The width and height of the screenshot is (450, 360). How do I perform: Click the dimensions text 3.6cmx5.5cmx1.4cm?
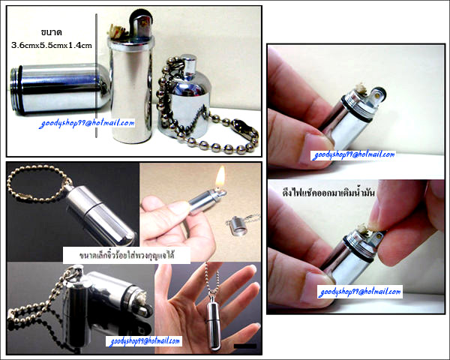tap(52, 45)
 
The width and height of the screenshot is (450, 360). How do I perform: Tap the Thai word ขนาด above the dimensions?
tap(51, 32)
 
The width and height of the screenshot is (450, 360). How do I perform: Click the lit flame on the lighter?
tap(220, 176)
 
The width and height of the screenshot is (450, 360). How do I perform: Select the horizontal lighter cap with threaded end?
tap(60, 89)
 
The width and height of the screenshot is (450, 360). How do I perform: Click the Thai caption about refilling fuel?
tap(328, 193)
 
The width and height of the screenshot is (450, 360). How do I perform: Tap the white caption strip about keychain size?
tap(127, 255)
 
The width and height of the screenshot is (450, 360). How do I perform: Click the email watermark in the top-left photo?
tap(87, 124)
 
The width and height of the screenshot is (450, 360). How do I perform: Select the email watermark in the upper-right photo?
tap(353, 155)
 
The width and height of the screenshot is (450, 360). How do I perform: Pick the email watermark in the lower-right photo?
tap(360, 292)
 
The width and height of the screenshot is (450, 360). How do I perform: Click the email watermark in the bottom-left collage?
tap(145, 341)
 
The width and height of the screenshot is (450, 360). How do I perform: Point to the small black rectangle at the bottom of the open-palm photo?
tap(245, 346)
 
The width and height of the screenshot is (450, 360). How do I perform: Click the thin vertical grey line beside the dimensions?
tap(97, 76)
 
